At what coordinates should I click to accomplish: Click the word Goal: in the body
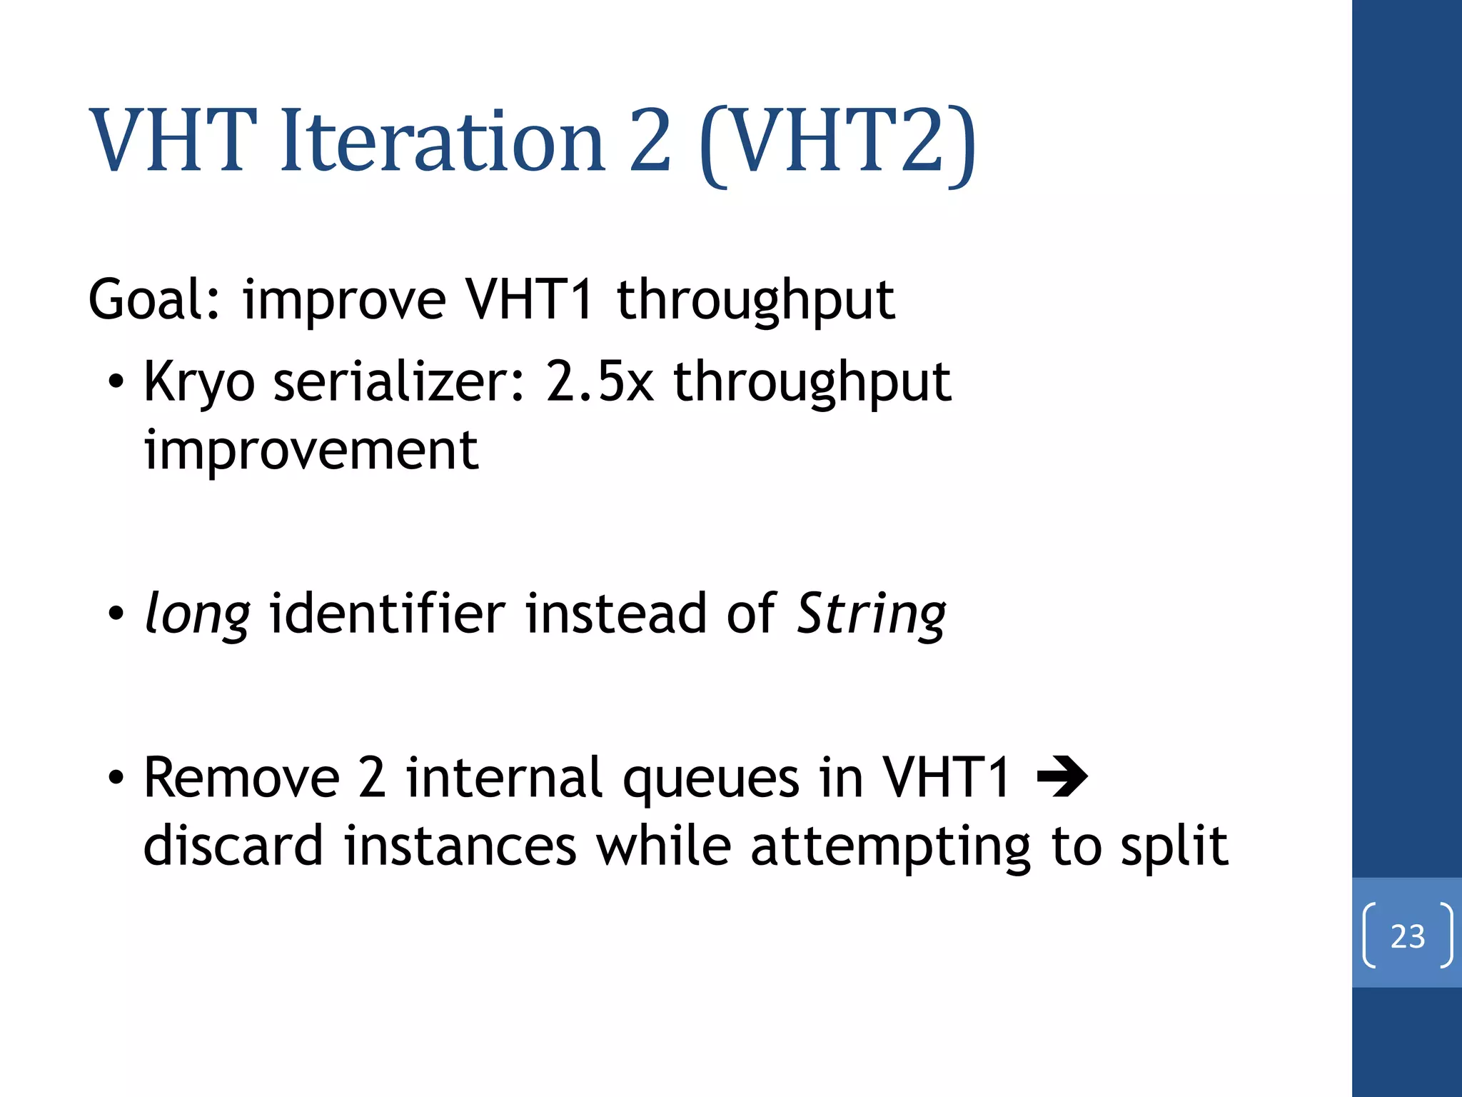point(154,300)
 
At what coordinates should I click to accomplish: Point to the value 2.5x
point(600,382)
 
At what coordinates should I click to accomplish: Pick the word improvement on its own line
point(311,451)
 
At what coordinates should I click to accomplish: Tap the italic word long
point(197,614)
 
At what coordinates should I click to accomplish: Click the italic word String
point(871,614)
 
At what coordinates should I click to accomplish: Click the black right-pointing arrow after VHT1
point(1062,778)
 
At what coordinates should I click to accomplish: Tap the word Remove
point(241,778)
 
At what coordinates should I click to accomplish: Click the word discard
point(233,846)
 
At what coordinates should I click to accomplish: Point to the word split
point(1174,847)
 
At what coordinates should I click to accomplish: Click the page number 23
point(1407,936)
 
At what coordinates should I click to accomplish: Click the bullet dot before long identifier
point(116,614)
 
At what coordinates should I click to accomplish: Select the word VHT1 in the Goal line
point(529,300)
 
